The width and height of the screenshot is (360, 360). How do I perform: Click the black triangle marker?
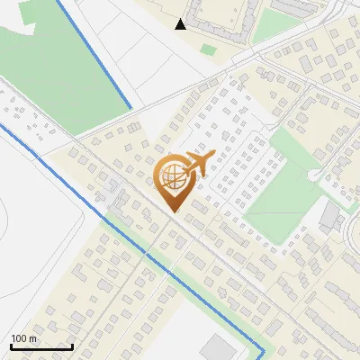[x=181, y=24]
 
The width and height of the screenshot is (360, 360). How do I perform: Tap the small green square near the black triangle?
[x=208, y=49]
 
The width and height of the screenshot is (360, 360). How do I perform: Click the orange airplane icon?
[x=196, y=164]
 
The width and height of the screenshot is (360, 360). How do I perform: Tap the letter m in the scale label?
[x=33, y=338]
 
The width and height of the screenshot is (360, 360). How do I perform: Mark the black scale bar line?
[x=41, y=346]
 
